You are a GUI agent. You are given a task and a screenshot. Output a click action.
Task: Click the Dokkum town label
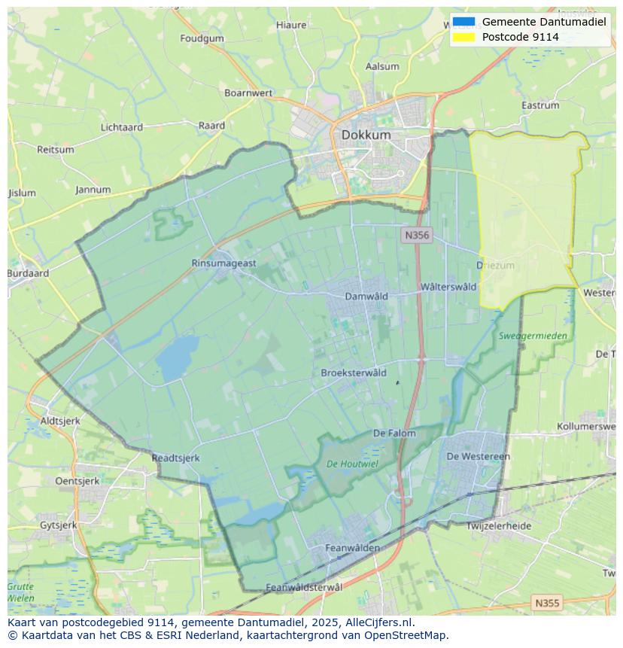(x=366, y=135)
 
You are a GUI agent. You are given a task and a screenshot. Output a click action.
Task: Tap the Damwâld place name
(x=366, y=296)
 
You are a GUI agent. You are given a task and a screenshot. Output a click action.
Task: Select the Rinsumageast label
(x=223, y=263)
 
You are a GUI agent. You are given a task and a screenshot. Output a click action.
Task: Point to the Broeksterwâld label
(x=354, y=373)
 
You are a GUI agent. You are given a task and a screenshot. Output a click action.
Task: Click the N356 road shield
(x=416, y=236)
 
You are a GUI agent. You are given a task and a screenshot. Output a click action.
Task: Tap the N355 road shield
(x=546, y=603)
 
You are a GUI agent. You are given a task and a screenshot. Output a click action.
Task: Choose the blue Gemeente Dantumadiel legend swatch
(x=464, y=22)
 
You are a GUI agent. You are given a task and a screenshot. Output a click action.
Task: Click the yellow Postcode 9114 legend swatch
(x=464, y=37)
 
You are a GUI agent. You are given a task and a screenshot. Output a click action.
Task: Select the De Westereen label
(x=478, y=456)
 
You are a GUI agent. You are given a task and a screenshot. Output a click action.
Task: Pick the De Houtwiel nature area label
(x=352, y=464)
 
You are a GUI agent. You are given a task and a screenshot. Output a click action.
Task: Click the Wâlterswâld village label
(x=448, y=287)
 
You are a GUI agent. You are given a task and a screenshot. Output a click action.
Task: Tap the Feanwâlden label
(x=352, y=548)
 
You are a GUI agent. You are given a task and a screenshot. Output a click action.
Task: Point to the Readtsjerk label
(x=175, y=458)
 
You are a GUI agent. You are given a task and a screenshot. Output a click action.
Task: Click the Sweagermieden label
(x=533, y=336)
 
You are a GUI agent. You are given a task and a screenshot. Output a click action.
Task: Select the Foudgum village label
(x=202, y=38)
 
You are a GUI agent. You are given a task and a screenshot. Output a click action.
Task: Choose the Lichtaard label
(x=122, y=127)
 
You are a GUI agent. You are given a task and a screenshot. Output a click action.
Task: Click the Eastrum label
(x=540, y=105)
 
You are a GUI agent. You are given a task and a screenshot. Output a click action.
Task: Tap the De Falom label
(x=394, y=434)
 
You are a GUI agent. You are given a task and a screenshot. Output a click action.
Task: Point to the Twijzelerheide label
(x=498, y=526)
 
